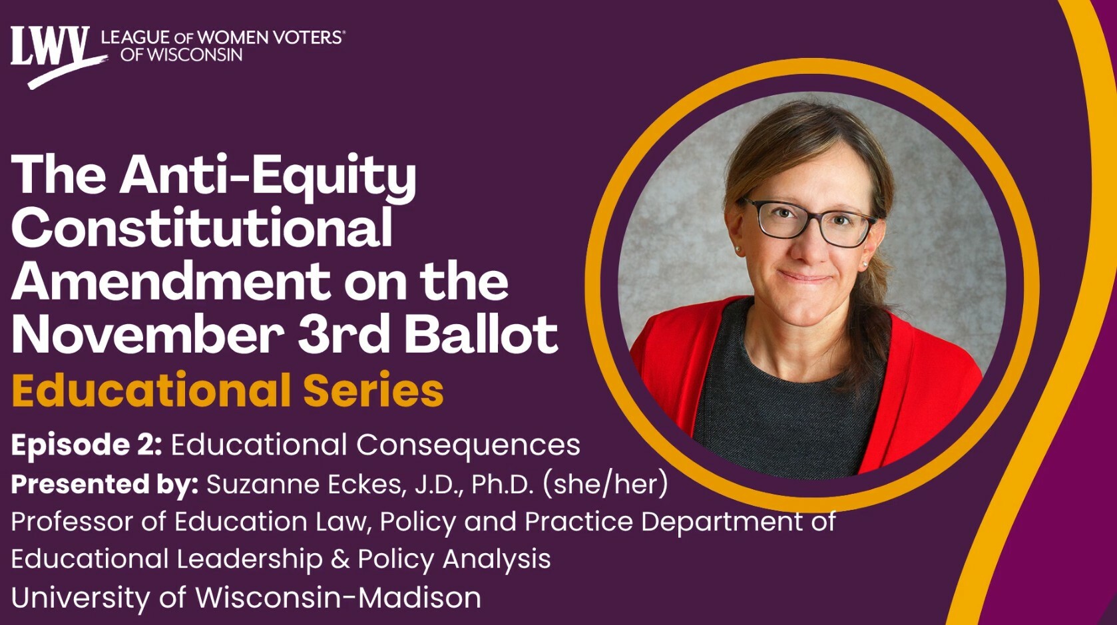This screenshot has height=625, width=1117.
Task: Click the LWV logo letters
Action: tap(51, 46)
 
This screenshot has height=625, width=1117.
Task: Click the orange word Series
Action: tap(373, 389)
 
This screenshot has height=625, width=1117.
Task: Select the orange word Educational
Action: tap(151, 389)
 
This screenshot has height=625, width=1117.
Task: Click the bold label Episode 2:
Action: tap(87, 445)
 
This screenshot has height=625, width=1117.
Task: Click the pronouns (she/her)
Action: tap(605, 483)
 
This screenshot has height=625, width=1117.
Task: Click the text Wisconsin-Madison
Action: tap(338, 597)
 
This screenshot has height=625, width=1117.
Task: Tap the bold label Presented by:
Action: tap(105, 484)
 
